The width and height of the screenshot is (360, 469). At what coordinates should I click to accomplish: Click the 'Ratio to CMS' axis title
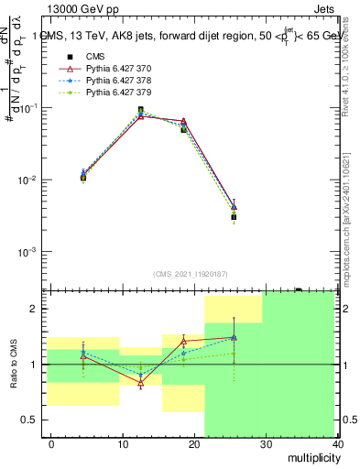coord(15,364)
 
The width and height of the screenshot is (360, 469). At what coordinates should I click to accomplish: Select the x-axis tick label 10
coord(123,444)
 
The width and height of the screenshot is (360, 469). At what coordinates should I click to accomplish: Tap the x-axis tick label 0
coord(51,444)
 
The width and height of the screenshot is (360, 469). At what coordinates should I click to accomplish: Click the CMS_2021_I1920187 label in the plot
coord(190,274)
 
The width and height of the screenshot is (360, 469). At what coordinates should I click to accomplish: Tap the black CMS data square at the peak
coord(140,110)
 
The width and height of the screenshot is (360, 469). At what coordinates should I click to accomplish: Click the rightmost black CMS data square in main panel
coord(235,217)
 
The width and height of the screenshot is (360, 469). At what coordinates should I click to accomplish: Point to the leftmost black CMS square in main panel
coord(83,178)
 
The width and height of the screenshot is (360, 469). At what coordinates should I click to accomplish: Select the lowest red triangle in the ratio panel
coord(140,384)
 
